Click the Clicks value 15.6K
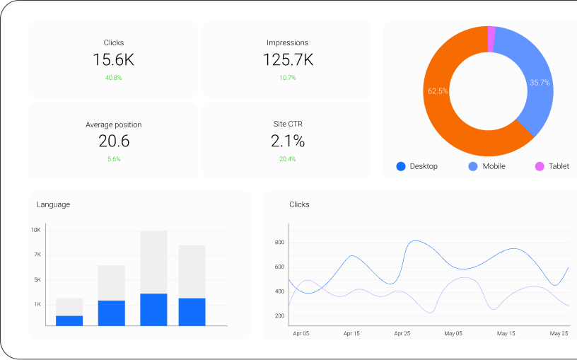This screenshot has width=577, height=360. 113,60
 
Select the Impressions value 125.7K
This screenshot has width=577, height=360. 288,60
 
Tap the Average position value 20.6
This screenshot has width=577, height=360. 114,141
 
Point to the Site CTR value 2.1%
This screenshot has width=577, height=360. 288,141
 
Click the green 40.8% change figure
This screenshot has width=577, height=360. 113,78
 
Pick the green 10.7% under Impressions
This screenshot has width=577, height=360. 288,78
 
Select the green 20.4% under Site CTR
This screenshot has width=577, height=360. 288,159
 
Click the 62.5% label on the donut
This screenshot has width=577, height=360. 438,91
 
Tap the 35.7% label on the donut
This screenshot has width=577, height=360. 540,83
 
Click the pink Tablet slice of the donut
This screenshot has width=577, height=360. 491,39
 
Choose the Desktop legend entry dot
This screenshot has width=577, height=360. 401,166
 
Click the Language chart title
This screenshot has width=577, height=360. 53,204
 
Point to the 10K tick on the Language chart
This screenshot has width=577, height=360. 35,230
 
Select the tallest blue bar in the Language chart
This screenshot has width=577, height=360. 153,310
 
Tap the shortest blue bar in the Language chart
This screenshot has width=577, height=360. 69,320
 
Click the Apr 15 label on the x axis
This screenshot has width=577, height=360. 351,333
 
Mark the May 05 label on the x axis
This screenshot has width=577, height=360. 453,333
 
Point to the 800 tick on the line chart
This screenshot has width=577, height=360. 279,243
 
